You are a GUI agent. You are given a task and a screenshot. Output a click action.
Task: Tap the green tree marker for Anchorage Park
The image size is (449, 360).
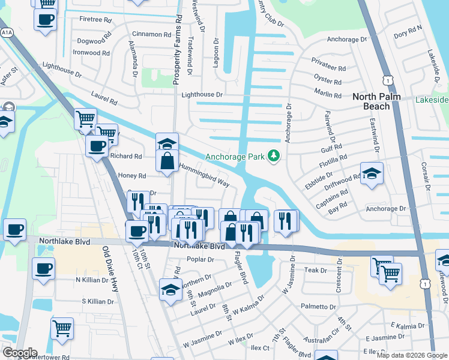coord(274,156)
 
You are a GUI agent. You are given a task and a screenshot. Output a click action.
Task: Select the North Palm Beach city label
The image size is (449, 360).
coord(379,101)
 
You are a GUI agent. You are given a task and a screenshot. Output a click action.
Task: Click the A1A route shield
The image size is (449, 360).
coord(7,32)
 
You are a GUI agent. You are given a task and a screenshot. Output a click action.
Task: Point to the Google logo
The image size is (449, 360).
coord(19,353)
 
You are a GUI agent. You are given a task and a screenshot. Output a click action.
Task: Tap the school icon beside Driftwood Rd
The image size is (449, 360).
coord(371,173)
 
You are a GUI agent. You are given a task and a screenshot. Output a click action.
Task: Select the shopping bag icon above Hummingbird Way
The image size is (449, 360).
coord(167,161)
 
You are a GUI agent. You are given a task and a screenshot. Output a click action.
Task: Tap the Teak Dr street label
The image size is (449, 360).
coord(315,271)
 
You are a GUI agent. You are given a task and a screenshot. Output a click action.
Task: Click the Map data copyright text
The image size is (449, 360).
coord(412,355)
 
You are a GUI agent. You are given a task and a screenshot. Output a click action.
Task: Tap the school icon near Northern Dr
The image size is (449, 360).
coord(170,290)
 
